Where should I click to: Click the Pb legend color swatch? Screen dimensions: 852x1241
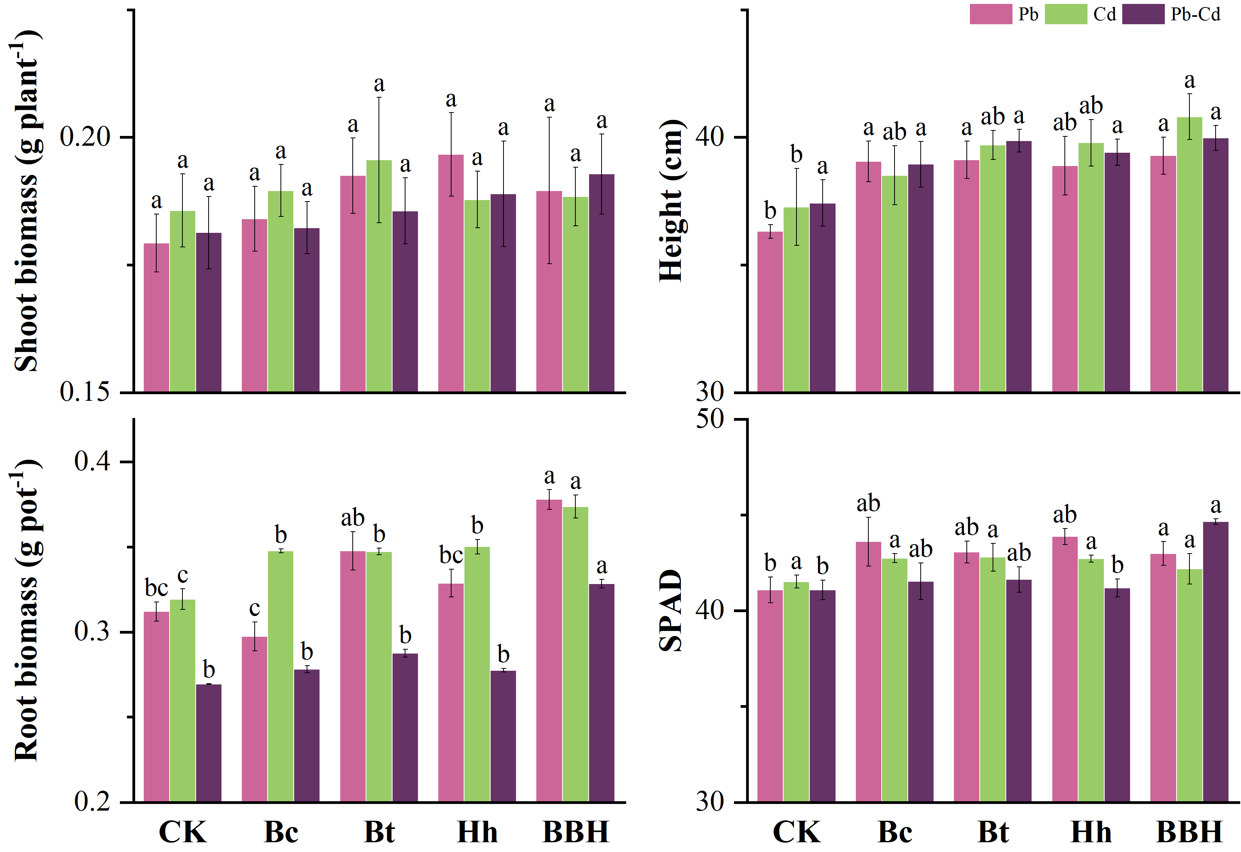coord(991,14)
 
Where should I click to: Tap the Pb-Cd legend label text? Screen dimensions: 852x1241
coord(1195,14)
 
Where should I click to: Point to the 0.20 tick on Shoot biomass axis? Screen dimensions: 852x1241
coord(85,137)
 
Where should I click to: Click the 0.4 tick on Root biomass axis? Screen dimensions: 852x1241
coord(92,461)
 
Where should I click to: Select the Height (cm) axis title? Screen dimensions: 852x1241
coord(671,200)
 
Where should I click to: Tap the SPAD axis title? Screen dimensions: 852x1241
coord(671,611)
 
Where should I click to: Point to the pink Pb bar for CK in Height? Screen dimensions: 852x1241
coord(770,312)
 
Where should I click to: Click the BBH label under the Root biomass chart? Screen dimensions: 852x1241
coord(576,832)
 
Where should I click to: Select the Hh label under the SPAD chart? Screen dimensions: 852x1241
coord(1091,832)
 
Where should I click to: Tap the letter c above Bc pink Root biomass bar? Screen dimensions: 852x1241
coord(255,608)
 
